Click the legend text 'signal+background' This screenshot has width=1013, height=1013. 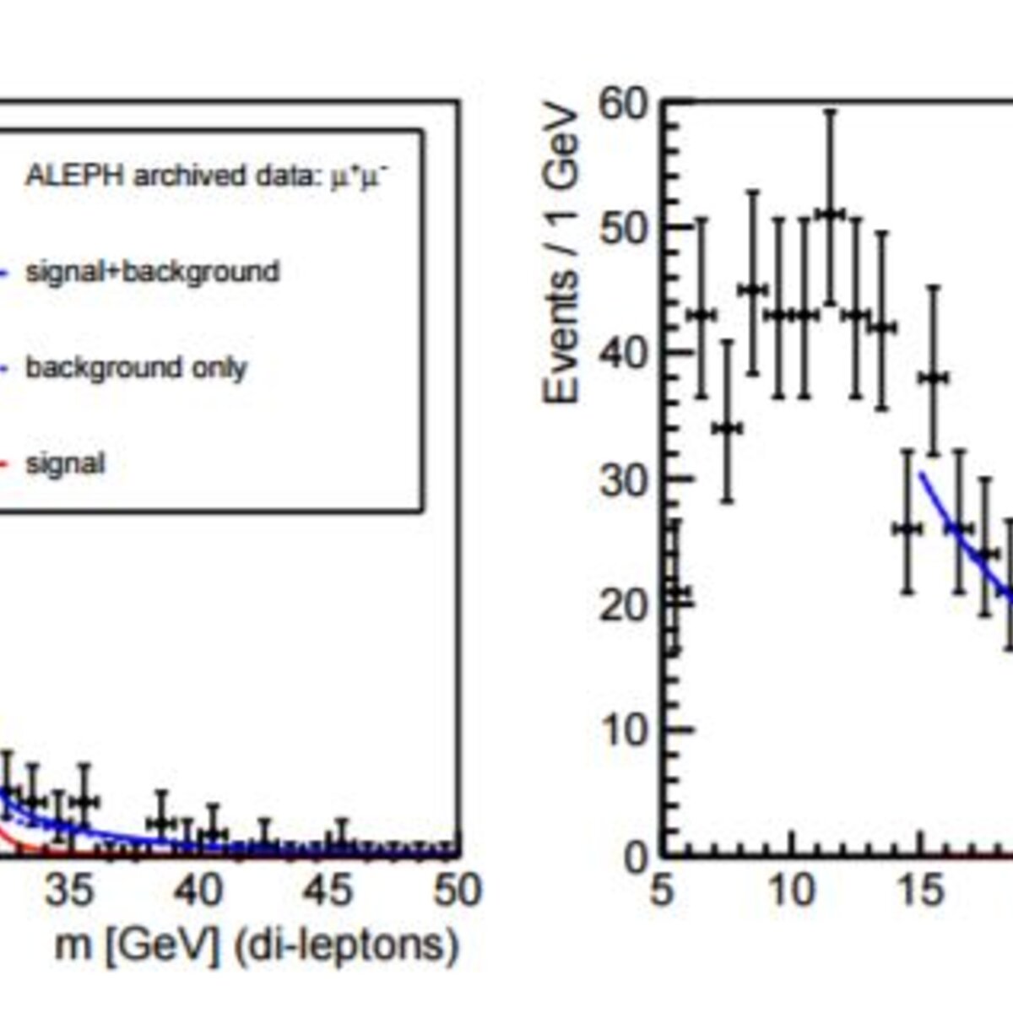click(153, 273)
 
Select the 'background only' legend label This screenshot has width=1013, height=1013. click(136, 369)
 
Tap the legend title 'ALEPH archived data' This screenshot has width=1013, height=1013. click(171, 176)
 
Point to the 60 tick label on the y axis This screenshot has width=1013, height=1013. click(622, 106)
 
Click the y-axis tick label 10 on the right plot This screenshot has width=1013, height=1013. click(622, 731)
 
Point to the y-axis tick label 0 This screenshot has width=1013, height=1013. click(635, 856)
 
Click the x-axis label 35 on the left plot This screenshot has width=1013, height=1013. click(70, 889)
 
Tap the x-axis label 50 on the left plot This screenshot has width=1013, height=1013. click(457, 889)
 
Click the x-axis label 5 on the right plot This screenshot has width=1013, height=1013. click(662, 889)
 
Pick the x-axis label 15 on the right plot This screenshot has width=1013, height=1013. click(920, 889)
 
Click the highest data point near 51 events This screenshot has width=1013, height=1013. click(830, 215)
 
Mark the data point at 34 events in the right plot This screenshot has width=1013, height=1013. click(727, 429)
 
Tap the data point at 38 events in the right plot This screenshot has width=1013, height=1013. click(933, 378)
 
